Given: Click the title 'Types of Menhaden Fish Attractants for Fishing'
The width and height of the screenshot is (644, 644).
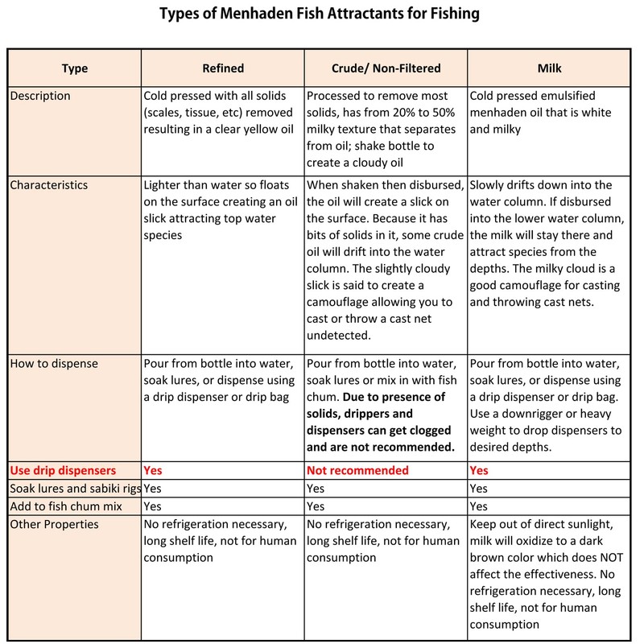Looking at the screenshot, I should tap(321, 14).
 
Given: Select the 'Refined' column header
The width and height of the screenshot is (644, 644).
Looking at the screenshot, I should tap(222, 69).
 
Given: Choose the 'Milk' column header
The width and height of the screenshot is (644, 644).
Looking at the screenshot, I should tap(550, 69).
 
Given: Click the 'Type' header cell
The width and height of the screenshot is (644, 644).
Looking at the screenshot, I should tap(74, 69).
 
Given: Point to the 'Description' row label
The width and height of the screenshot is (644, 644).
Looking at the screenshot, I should tap(40, 96).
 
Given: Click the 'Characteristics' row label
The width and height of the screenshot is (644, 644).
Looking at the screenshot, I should tap(48, 185).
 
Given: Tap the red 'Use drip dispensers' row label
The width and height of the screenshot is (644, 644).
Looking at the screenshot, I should tap(63, 469).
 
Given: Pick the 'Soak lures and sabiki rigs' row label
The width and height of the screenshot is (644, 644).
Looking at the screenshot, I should tap(74, 488).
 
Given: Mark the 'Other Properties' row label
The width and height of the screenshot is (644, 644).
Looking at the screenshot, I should tap(55, 524).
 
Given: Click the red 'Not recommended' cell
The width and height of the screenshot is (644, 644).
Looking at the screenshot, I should tap(358, 469).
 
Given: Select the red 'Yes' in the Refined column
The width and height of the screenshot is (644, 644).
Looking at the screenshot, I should tap(152, 469).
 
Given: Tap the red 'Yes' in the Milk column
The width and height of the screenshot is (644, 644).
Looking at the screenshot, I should tap(478, 469).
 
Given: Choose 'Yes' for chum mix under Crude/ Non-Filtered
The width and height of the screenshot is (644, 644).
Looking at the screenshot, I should tap(316, 506).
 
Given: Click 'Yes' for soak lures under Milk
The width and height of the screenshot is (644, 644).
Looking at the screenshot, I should tap(478, 488).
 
